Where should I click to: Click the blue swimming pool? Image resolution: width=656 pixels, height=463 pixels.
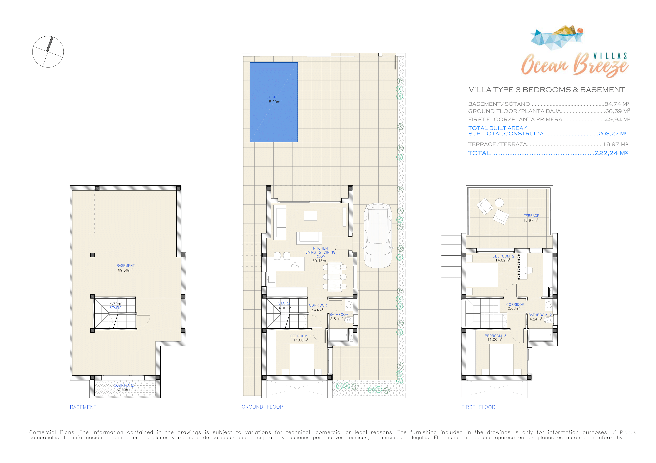(274, 102)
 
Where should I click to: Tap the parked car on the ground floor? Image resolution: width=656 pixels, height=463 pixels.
(378, 235)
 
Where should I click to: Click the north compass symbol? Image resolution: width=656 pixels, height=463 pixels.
(48, 52)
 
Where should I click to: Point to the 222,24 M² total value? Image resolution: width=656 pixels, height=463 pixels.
(611, 153)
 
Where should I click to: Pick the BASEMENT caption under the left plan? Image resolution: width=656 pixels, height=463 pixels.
(83, 407)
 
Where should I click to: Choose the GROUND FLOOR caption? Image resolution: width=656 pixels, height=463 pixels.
(262, 407)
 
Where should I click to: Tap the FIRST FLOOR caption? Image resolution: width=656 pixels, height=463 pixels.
(478, 407)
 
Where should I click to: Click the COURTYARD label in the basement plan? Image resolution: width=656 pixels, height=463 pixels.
(124, 385)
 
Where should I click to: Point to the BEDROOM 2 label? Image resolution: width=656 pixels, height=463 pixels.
(503, 256)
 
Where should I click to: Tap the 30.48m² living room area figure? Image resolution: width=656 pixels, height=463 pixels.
(320, 260)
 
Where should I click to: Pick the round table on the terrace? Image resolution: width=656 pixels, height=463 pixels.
(499, 203)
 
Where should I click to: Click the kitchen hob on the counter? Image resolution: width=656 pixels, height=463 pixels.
(295, 266)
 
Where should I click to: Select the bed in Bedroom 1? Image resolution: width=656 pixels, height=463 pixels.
(302, 359)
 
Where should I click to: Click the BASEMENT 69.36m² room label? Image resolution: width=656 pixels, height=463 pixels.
(125, 268)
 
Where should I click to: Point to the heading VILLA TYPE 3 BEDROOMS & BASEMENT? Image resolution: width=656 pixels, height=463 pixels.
(547, 90)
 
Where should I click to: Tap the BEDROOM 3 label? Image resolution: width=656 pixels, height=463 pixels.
(496, 336)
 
